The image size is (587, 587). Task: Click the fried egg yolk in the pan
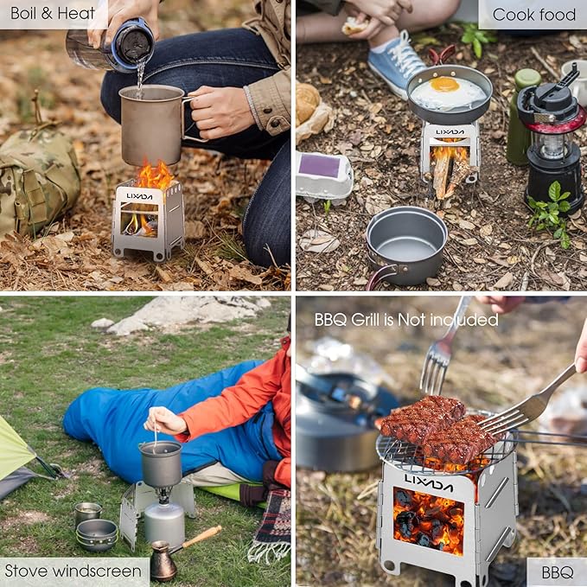(x=444, y=85)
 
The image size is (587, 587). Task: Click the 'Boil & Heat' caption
(x=53, y=14)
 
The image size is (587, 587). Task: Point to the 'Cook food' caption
(x=534, y=15)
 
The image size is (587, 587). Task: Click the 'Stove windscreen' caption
(x=73, y=571)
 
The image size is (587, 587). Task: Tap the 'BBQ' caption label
(x=558, y=572)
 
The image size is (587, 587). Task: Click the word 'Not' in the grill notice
(x=412, y=320)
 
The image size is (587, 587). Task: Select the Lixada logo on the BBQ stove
(x=429, y=482)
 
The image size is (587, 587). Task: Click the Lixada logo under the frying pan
(x=450, y=131)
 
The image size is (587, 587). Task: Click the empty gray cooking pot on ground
(x=405, y=243)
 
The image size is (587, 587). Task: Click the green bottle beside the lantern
(x=522, y=116)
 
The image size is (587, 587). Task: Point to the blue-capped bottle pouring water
(x=111, y=45)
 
